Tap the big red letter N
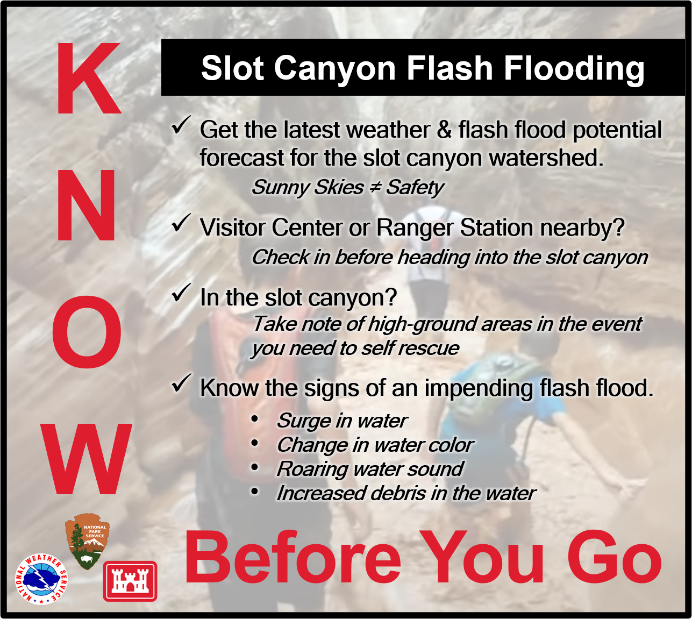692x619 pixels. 86,205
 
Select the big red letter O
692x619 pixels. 87,332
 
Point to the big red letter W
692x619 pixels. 86,459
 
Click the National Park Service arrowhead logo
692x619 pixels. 88,542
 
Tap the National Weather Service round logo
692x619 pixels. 41,579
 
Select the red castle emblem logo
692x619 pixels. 130,581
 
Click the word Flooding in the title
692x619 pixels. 574,68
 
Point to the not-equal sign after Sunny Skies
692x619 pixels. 375,187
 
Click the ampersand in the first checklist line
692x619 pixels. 444,130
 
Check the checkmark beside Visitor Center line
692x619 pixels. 181,223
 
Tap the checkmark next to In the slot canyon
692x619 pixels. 181,293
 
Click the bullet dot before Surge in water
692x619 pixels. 254,419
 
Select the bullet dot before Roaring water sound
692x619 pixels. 254,467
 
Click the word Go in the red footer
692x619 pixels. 615,557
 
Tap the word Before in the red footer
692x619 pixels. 293,557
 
